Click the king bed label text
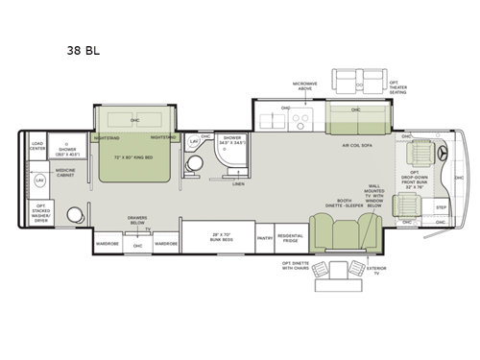(133, 156)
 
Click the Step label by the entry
(442, 206)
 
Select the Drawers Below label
(137, 219)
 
